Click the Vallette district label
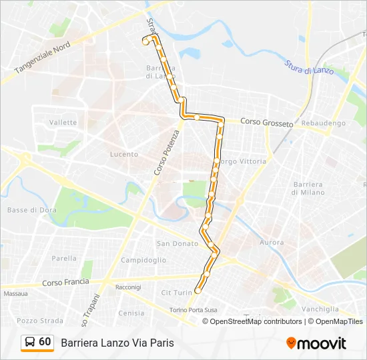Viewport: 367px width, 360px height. [x=63, y=123]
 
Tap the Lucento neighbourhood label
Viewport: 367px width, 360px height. [x=123, y=154]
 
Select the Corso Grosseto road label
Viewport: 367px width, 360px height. [x=266, y=123]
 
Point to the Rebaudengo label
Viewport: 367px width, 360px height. [x=324, y=123]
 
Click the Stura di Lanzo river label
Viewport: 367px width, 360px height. [x=309, y=67]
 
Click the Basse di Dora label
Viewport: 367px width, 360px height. [x=26, y=210]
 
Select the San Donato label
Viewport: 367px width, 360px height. [x=177, y=244]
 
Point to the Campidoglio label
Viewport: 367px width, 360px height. [x=143, y=260]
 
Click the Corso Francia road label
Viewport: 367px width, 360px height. [x=65, y=282]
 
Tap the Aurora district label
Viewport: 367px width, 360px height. [x=271, y=243]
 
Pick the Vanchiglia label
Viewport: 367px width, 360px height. [x=320, y=309]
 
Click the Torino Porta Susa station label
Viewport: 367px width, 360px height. [x=193, y=310]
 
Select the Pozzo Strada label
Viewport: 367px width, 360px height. [x=31, y=321]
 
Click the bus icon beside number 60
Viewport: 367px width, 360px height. [x=29, y=343]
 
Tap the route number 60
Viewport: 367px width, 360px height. [x=45, y=342]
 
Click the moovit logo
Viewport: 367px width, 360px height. [x=316, y=343]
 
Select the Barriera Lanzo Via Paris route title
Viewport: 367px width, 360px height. [x=117, y=343]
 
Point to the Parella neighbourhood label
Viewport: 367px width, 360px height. [x=64, y=258]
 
